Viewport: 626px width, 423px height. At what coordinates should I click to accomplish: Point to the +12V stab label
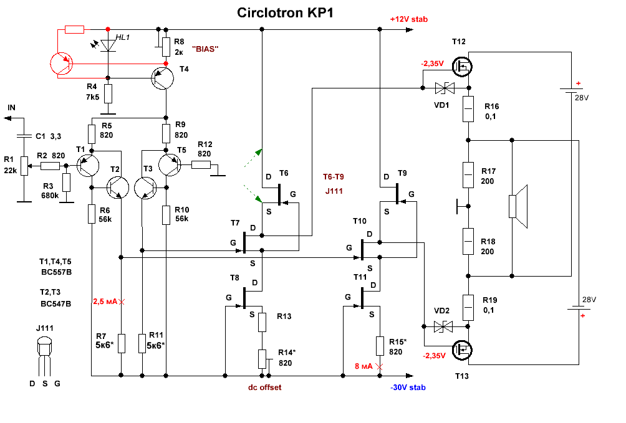[408, 19]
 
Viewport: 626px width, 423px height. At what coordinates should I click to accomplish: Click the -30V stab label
[408, 387]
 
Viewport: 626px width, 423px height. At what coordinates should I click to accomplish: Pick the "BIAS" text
[207, 49]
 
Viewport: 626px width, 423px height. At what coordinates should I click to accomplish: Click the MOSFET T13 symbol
[462, 351]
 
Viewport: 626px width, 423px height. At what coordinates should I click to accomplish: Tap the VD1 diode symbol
[443, 87]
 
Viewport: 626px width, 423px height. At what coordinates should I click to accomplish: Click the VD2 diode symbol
[443, 326]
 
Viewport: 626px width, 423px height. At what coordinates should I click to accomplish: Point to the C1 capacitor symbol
[22, 135]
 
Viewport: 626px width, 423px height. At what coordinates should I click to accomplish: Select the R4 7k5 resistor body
[108, 94]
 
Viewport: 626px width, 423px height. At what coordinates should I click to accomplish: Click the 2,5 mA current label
[105, 302]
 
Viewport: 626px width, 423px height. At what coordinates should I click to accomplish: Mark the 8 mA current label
[363, 366]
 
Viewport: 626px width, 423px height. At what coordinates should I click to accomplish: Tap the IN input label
[11, 108]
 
